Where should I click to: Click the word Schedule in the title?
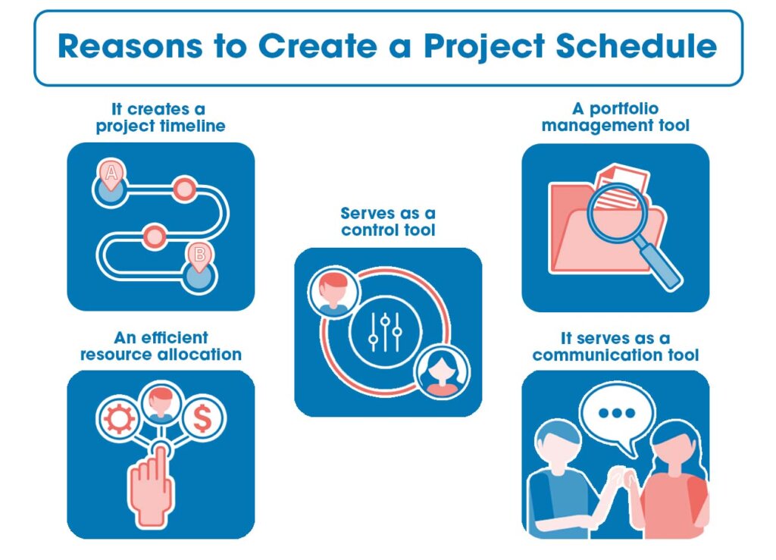[x=636, y=46]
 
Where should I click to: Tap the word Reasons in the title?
[x=130, y=46]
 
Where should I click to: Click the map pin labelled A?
[x=111, y=174]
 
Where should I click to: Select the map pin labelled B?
[x=199, y=256]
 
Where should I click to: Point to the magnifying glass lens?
[x=618, y=213]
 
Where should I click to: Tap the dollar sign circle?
[x=202, y=418]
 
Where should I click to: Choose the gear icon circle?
[x=119, y=418]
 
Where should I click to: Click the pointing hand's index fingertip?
[x=161, y=450]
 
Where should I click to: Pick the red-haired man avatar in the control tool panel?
[x=333, y=293]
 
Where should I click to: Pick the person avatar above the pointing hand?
[x=161, y=402]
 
